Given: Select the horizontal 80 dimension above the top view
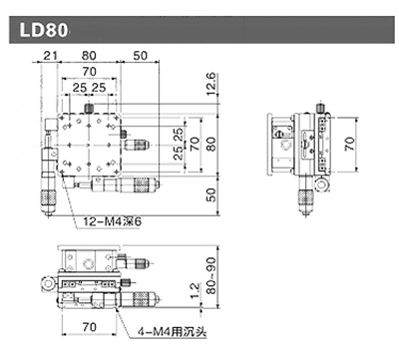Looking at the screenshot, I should (90, 56).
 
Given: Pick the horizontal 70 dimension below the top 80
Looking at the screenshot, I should (90, 73).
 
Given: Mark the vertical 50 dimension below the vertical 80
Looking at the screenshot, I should (209, 193).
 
